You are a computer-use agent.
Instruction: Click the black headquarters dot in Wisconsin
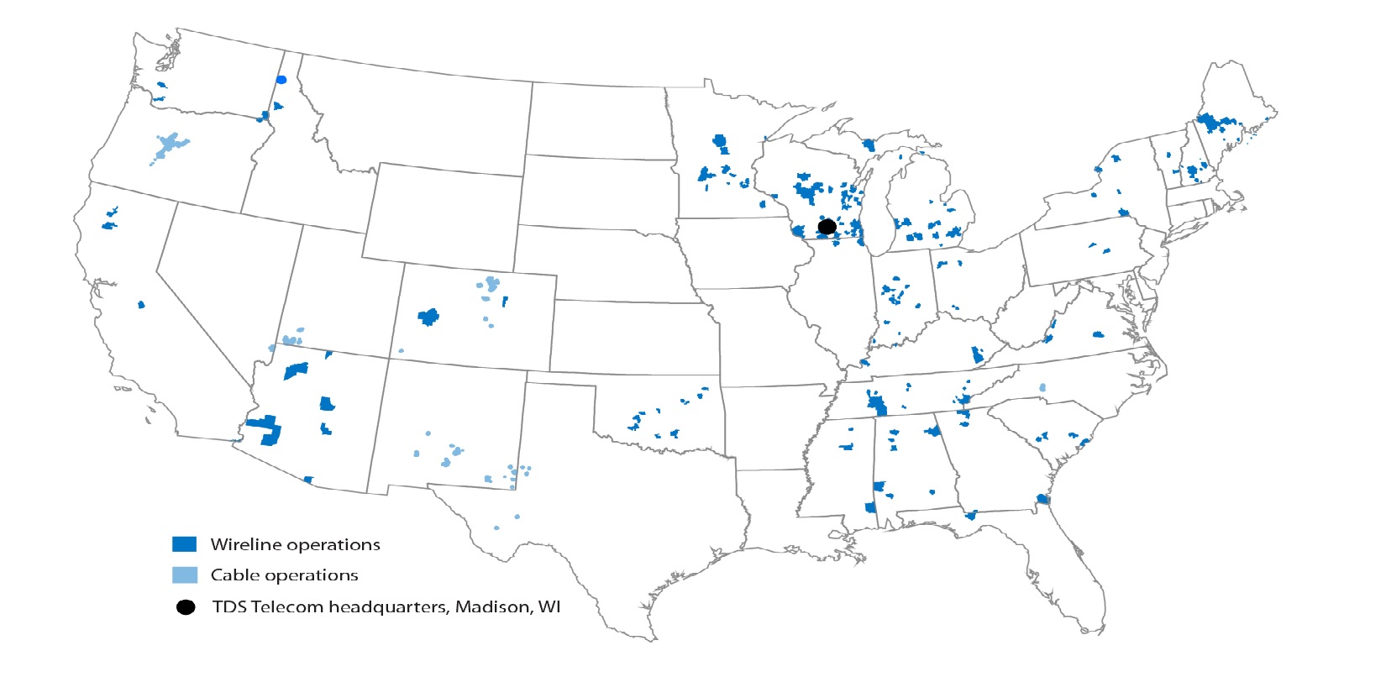click(827, 227)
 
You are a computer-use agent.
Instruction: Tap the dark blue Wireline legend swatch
click(184, 544)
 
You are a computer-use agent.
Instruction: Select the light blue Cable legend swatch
click(184, 575)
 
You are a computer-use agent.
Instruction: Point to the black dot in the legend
click(186, 607)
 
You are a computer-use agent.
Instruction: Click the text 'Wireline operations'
click(295, 544)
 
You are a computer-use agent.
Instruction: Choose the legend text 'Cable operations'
click(284, 575)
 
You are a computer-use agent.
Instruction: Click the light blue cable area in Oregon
click(169, 146)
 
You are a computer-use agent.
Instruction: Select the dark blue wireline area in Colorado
click(429, 317)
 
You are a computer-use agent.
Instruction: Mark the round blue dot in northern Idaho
click(281, 80)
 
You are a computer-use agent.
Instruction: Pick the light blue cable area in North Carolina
click(1042, 388)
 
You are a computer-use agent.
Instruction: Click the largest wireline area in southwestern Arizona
click(267, 429)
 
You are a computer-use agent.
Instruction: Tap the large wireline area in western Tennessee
click(877, 406)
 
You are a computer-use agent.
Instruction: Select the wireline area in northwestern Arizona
click(296, 370)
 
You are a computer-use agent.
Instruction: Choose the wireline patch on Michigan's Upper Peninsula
click(869, 145)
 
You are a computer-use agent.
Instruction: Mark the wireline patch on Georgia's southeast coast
click(1042, 499)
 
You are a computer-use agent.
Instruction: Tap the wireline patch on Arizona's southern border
click(308, 480)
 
